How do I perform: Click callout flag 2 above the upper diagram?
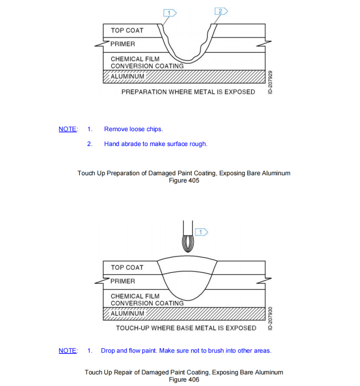pyautogui.click(x=221, y=11)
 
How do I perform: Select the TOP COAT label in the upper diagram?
pyautogui.click(x=127, y=31)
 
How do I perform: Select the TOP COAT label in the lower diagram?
pyautogui.click(x=127, y=268)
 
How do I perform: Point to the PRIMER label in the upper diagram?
pyautogui.click(x=123, y=44)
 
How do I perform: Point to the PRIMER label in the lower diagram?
pyautogui.click(x=123, y=281)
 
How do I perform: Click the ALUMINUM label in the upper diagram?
pyautogui.click(x=128, y=76)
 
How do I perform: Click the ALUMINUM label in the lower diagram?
pyautogui.click(x=128, y=313)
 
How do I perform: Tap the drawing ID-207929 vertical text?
pyautogui.click(x=271, y=82)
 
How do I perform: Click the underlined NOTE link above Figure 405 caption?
pyautogui.click(x=68, y=129)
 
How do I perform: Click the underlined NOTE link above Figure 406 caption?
pyautogui.click(x=68, y=351)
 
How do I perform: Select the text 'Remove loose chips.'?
pyautogui.click(x=133, y=129)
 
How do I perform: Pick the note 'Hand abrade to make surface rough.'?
pyautogui.click(x=156, y=144)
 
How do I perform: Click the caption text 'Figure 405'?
pyautogui.click(x=184, y=181)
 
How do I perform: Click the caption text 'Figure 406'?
pyautogui.click(x=184, y=379)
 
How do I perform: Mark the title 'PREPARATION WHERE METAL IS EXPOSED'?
pyautogui.click(x=188, y=92)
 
